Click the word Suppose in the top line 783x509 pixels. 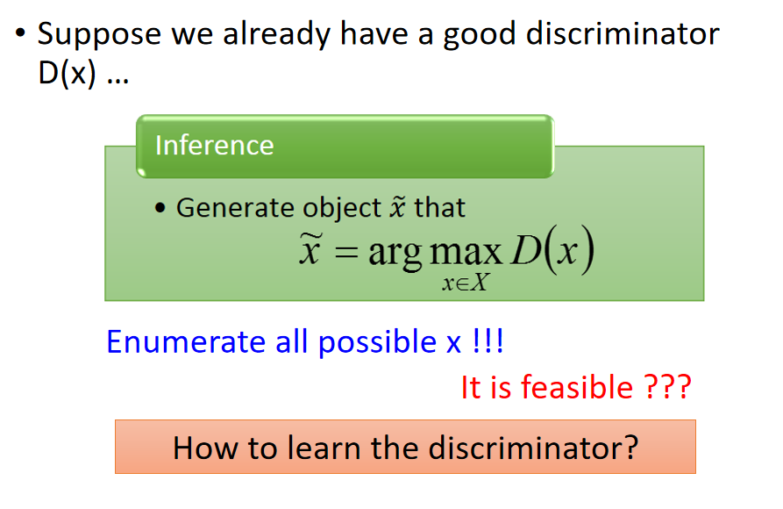click(99, 35)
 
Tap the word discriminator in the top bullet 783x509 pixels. click(623, 34)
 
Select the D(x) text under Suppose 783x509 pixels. click(67, 74)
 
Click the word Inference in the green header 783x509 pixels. click(214, 146)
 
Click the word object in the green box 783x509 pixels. click(342, 208)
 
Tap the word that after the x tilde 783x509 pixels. click(439, 207)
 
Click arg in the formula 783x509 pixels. click(395, 254)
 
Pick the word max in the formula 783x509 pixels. click(466, 252)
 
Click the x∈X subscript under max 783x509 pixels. click(465, 283)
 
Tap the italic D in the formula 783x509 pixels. click(526, 249)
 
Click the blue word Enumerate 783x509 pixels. click(186, 342)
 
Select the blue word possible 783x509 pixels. click(378, 343)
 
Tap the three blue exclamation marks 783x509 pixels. click(488, 341)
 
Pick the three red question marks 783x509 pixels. click(667, 387)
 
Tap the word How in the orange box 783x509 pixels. click(205, 448)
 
